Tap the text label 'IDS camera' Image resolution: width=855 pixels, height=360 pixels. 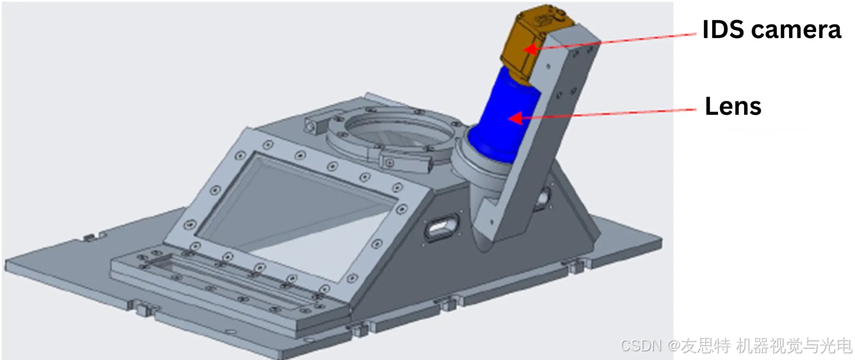click(x=772, y=29)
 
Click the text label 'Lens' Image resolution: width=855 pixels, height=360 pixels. click(x=733, y=106)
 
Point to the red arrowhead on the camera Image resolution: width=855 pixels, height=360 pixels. click(x=530, y=49)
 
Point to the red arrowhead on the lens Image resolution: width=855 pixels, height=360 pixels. click(x=515, y=118)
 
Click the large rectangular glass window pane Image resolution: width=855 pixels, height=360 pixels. click(x=296, y=218)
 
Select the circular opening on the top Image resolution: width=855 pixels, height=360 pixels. click(x=399, y=132)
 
